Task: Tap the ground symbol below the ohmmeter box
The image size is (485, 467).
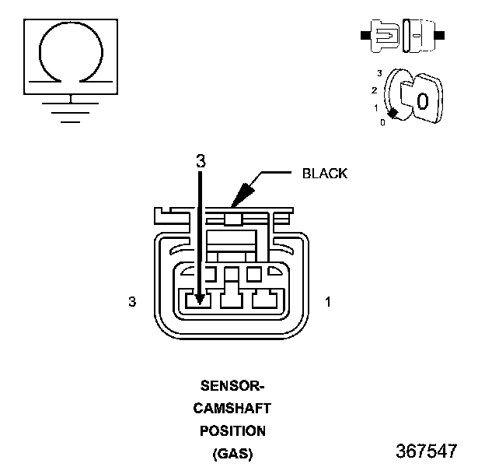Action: point(71,112)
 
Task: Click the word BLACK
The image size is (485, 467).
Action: point(325,174)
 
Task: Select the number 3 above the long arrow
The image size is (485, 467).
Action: point(201,161)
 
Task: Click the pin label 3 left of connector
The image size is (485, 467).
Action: point(132,302)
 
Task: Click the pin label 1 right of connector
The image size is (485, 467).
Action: point(328,302)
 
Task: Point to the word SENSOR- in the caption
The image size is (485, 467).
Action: point(232,386)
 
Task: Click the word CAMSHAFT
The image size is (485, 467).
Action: point(232,409)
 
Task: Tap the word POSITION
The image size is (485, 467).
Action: point(232,431)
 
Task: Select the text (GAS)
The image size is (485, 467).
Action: point(232,454)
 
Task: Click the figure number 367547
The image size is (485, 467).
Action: point(427,451)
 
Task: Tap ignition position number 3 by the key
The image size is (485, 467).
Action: point(379,73)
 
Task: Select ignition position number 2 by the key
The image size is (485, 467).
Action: point(375,90)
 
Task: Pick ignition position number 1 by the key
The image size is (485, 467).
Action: point(376,108)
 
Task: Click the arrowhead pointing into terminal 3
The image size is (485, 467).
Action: point(200,299)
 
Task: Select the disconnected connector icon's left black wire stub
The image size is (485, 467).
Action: point(365,35)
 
